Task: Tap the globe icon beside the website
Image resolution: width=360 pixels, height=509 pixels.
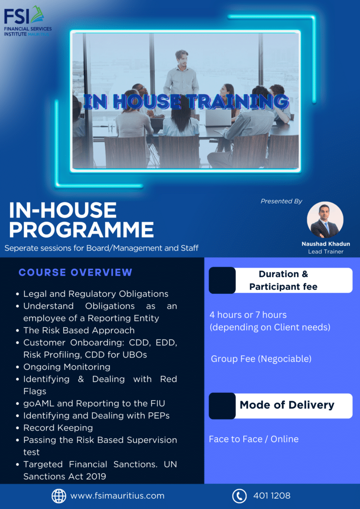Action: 59,496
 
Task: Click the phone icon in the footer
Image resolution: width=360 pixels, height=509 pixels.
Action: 239,496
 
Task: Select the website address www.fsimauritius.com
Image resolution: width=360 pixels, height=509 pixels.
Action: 117,496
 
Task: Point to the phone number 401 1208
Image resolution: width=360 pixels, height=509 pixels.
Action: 272,496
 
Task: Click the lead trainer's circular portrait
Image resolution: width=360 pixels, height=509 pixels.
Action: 325,220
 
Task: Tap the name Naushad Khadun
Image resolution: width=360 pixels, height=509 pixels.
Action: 325,244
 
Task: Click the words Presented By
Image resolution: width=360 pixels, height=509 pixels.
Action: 281,201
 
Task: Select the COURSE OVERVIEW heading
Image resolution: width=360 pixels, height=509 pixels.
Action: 75,272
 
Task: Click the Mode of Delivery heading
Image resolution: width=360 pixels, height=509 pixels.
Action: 287,405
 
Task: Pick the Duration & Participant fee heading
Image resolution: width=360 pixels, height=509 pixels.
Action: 283,280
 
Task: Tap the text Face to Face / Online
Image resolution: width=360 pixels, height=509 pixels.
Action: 254,439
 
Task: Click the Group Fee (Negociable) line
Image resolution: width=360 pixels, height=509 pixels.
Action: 261,359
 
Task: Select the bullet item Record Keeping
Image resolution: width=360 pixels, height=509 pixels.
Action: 58,428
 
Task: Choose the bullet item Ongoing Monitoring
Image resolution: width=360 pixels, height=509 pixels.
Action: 67,367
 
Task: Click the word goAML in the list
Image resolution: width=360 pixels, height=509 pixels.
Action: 37,404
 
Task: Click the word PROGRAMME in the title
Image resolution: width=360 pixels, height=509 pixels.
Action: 82,230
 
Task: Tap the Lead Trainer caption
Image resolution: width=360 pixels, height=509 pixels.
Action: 325,252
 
